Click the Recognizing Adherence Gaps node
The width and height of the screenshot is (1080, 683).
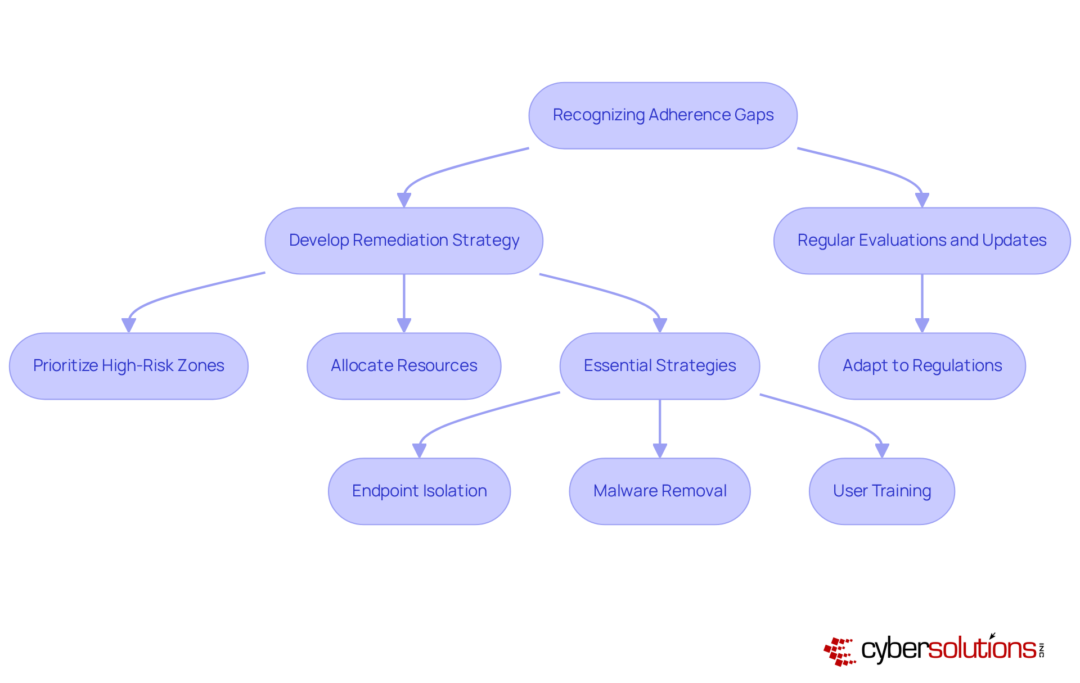(x=663, y=116)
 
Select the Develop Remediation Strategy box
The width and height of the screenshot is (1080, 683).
(x=404, y=241)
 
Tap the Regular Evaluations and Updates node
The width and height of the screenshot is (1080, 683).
(x=922, y=241)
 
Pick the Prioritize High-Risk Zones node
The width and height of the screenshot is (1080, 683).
(x=129, y=366)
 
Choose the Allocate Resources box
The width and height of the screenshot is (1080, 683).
(x=404, y=366)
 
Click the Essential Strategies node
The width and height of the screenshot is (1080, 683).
(x=660, y=366)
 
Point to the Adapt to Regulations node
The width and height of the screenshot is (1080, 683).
(x=922, y=366)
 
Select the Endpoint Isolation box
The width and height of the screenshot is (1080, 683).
(x=419, y=491)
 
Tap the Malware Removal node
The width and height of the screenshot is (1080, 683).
(x=660, y=491)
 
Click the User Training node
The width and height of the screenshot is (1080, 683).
(x=882, y=491)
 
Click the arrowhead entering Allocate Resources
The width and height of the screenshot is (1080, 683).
(x=404, y=325)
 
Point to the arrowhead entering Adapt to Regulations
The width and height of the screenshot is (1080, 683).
(x=922, y=325)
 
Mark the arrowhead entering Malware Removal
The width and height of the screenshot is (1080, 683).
(x=660, y=451)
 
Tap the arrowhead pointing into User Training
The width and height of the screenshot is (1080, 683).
(x=882, y=451)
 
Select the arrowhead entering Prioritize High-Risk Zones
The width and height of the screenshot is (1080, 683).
(x=129, y=325)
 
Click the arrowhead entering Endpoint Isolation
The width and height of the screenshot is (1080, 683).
(x=419, y=451)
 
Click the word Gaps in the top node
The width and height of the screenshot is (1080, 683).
(x=754, y=115)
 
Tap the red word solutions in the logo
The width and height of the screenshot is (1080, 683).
(x=982, y=649)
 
